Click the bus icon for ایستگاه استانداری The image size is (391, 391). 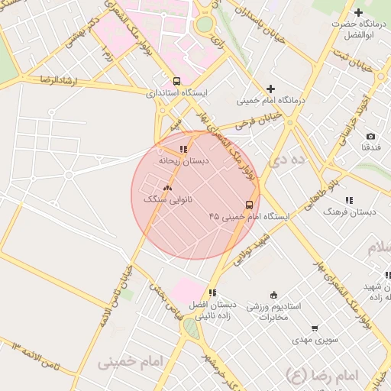click(x=177, y=81)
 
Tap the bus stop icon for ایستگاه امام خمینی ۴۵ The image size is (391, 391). click(x=249, y=205)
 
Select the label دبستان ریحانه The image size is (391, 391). click(x=183, y=162)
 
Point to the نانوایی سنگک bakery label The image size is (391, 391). click(x=168, y=199)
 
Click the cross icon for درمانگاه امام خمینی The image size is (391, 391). click(x=270, y=89)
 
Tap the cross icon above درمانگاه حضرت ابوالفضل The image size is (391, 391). click(x=359, y=12)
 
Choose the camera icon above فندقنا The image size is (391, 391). click(x=370, y=136)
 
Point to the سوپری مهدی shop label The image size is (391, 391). click(x=314, y=338)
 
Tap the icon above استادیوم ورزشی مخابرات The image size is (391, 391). click(x=274, y=295)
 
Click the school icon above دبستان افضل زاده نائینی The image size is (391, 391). click(x=212, y=292)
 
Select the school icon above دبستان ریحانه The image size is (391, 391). click(x=183, y=149)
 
